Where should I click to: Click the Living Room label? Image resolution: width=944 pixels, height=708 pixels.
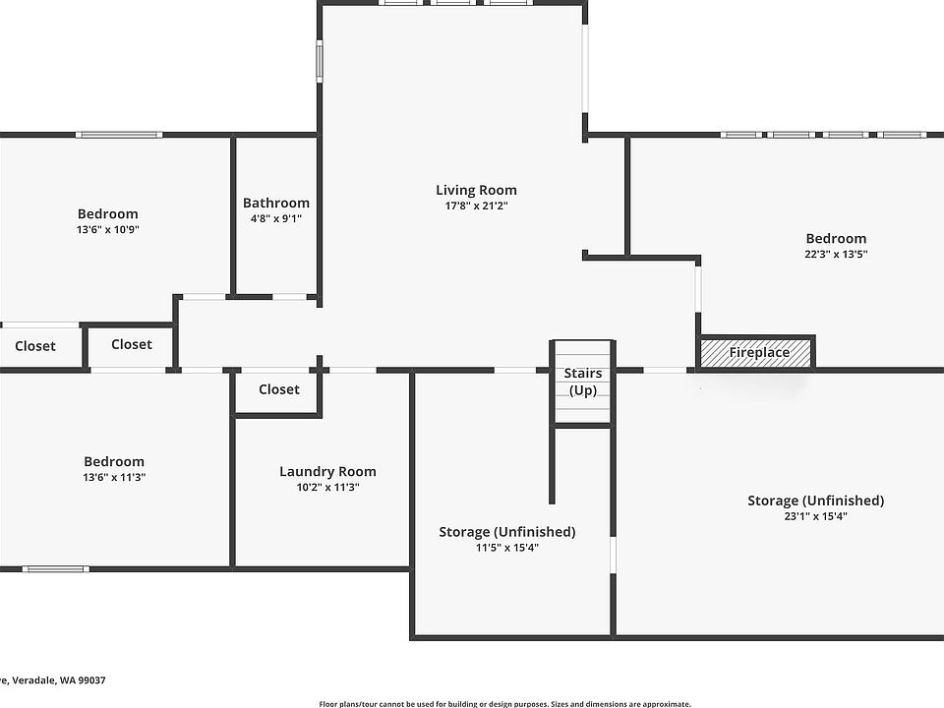(476, 190)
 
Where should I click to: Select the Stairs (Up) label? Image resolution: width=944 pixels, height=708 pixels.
(583, 382)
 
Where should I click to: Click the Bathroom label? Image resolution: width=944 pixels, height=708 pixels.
(276, 204)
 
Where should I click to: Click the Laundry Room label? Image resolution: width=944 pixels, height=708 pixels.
(327, 471)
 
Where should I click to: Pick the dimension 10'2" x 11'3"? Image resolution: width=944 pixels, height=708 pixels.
(327, 487)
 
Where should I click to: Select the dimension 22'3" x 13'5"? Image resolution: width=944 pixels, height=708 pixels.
(836, 254)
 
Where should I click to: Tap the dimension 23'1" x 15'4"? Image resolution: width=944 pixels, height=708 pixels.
(815, 516)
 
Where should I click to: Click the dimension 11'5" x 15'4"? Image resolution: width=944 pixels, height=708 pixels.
(506, 548)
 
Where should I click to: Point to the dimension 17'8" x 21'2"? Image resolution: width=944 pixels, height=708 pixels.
(476, 206)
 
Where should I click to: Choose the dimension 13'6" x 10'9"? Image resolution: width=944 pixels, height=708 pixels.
(108, 229)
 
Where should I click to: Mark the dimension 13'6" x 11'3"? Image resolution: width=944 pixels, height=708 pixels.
(114, 477)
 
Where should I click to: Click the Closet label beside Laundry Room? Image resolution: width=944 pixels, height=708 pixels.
(279, 389)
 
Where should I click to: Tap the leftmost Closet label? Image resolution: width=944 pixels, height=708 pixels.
(35, 346)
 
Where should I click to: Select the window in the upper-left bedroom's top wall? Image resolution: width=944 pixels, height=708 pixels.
(119, 134)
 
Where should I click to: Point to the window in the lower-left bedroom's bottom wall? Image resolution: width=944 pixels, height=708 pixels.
(55, 568)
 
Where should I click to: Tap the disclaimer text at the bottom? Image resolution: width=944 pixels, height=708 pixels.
(504, 703)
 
